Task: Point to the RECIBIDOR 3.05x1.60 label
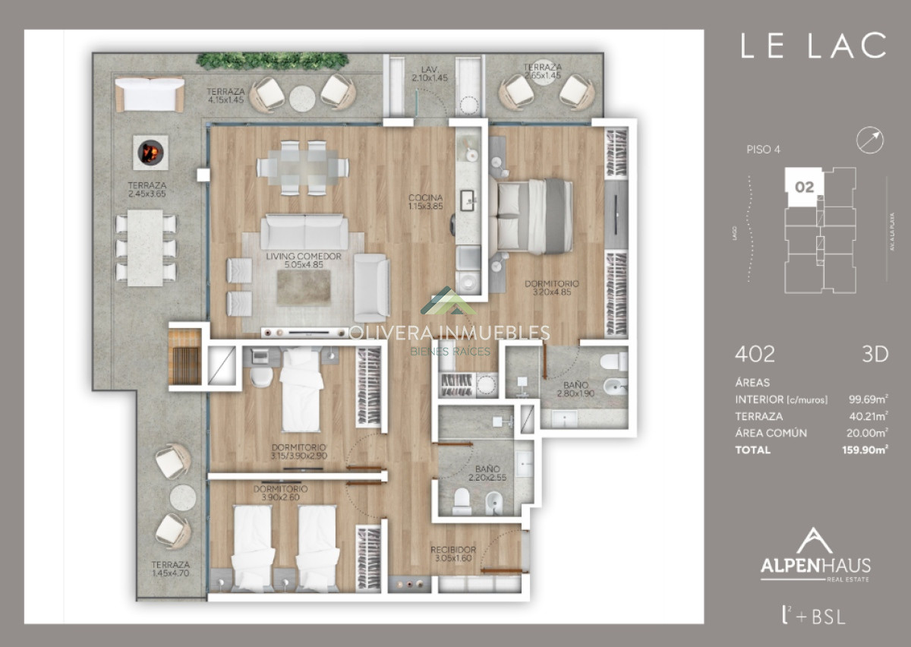pos(452,554)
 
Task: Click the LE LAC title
pos(813,46)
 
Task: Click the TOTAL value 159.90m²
pos(866,450)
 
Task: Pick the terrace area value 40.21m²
pos(866,416)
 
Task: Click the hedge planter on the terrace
pos(272,61)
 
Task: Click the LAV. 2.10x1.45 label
pos(427,73)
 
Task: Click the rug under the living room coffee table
pos(303,287)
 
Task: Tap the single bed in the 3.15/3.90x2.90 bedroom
pos(301,390)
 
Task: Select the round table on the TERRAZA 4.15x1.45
pos(302,96)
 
